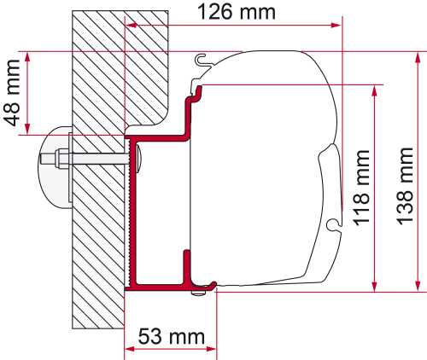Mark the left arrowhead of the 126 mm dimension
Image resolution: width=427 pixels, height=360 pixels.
tap(132, 26)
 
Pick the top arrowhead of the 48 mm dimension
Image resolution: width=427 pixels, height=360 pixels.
tap(29, 58)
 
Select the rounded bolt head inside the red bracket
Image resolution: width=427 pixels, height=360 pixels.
tap(135, 155)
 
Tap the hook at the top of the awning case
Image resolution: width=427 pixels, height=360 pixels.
tap(202, 60)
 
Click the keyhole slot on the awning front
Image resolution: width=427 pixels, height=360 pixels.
tap(333, 225)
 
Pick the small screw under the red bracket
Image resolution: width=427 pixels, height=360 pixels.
tap(198, 293)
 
